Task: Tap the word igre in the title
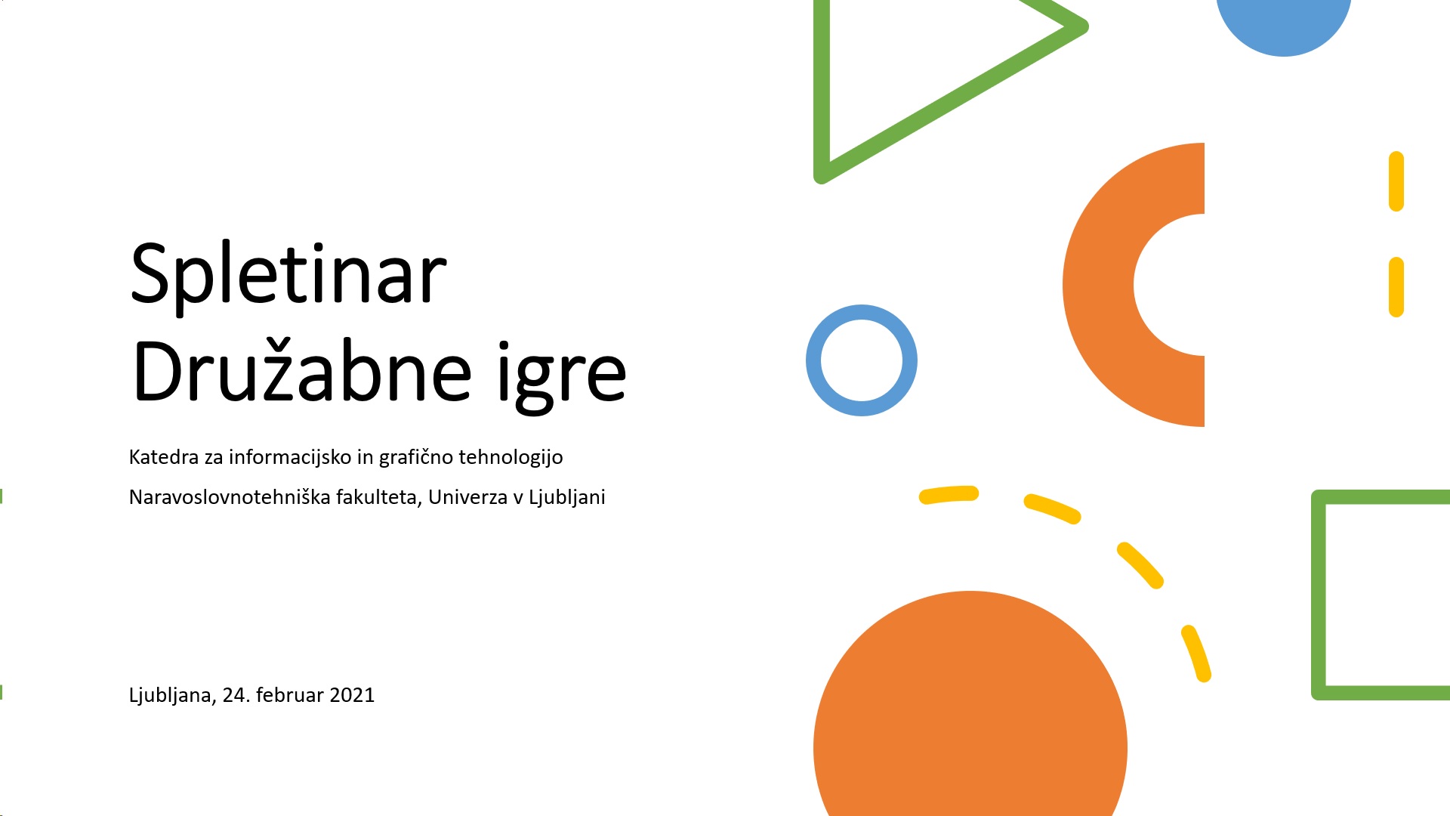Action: (x=562, y=376)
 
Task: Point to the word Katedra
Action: (x=164, y=457)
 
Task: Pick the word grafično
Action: (x=416, y=458)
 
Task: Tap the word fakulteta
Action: (x=379, y=498)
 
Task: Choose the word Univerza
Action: (x=467, y=497)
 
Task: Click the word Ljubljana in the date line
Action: (x=173, y=696)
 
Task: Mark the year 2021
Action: (x=352, y=695)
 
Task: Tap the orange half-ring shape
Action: (x=1098, y=285)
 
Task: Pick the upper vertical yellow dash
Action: (x=1396, y=181)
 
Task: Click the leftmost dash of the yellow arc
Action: (x=949, y=495)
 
